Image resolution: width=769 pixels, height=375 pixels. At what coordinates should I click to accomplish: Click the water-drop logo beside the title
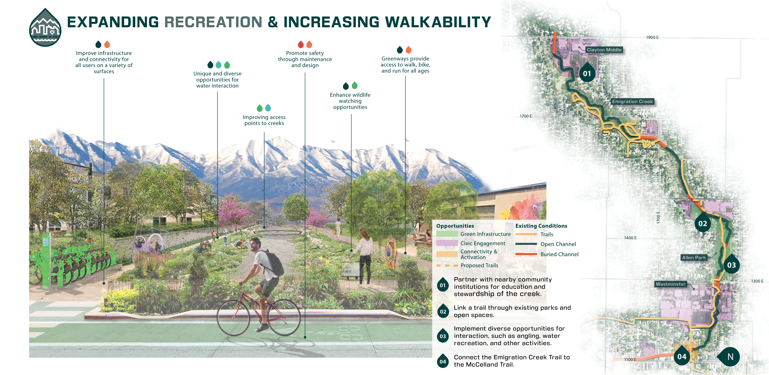pos(45,28)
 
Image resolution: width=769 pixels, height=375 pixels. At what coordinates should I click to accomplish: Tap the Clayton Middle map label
pos(604,50)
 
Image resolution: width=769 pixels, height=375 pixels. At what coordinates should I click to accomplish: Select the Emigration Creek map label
pos(632,101)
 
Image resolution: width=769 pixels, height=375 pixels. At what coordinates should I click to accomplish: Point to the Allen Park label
pos(694,257)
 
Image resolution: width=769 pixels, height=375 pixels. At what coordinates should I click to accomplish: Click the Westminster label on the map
pos(671,284)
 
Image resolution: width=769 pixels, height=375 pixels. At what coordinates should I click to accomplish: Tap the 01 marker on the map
pos(587,73)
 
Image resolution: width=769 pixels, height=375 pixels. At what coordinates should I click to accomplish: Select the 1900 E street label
pos(652,37)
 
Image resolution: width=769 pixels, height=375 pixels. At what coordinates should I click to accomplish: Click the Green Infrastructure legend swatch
pos(447,234)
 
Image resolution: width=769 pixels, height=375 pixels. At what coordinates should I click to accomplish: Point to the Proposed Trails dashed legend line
pos(447,265)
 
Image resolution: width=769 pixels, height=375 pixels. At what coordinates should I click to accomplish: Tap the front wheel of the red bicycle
pos(233,318)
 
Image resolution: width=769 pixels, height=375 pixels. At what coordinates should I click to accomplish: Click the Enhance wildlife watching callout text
pos(350,101)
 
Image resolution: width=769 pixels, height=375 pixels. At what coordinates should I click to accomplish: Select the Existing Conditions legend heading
pos(541,226)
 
